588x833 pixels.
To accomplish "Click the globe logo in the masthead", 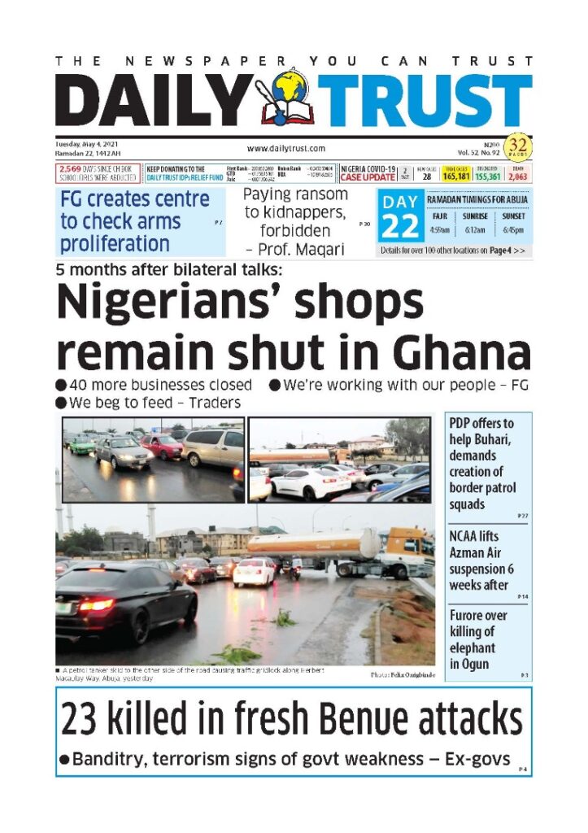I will pos(290,91).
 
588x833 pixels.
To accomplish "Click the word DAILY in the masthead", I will pos(155,102).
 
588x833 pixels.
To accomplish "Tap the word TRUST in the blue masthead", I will pos(425,102).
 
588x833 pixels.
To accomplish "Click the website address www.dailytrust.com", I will pos(285,148).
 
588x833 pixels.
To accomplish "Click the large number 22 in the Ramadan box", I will pos(400,227).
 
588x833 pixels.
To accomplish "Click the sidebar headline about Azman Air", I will pos(481,560).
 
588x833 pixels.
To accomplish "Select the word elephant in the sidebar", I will pos(472,648).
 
